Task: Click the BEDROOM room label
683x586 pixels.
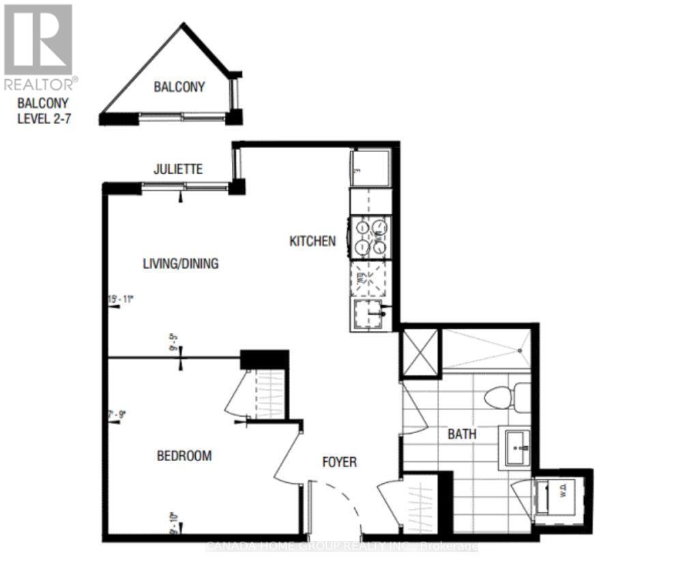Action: tap(184, 456)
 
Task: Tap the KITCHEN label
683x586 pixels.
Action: tap(313, 241)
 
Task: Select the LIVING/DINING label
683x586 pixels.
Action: tap(181, 263)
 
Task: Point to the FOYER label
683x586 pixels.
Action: tap(340, 463)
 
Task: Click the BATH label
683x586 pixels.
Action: tap(462, 434)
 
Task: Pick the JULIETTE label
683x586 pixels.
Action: tap(177, 169)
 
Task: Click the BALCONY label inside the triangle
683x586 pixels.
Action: tap(179, 87)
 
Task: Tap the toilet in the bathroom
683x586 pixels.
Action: tap(508, 397)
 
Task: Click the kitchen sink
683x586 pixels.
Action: tap(369, 314)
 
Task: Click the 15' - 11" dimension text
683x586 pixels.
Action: tap(121, 299)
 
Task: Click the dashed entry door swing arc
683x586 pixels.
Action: tap(351, 501)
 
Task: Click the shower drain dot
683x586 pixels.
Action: tap(519, 351)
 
